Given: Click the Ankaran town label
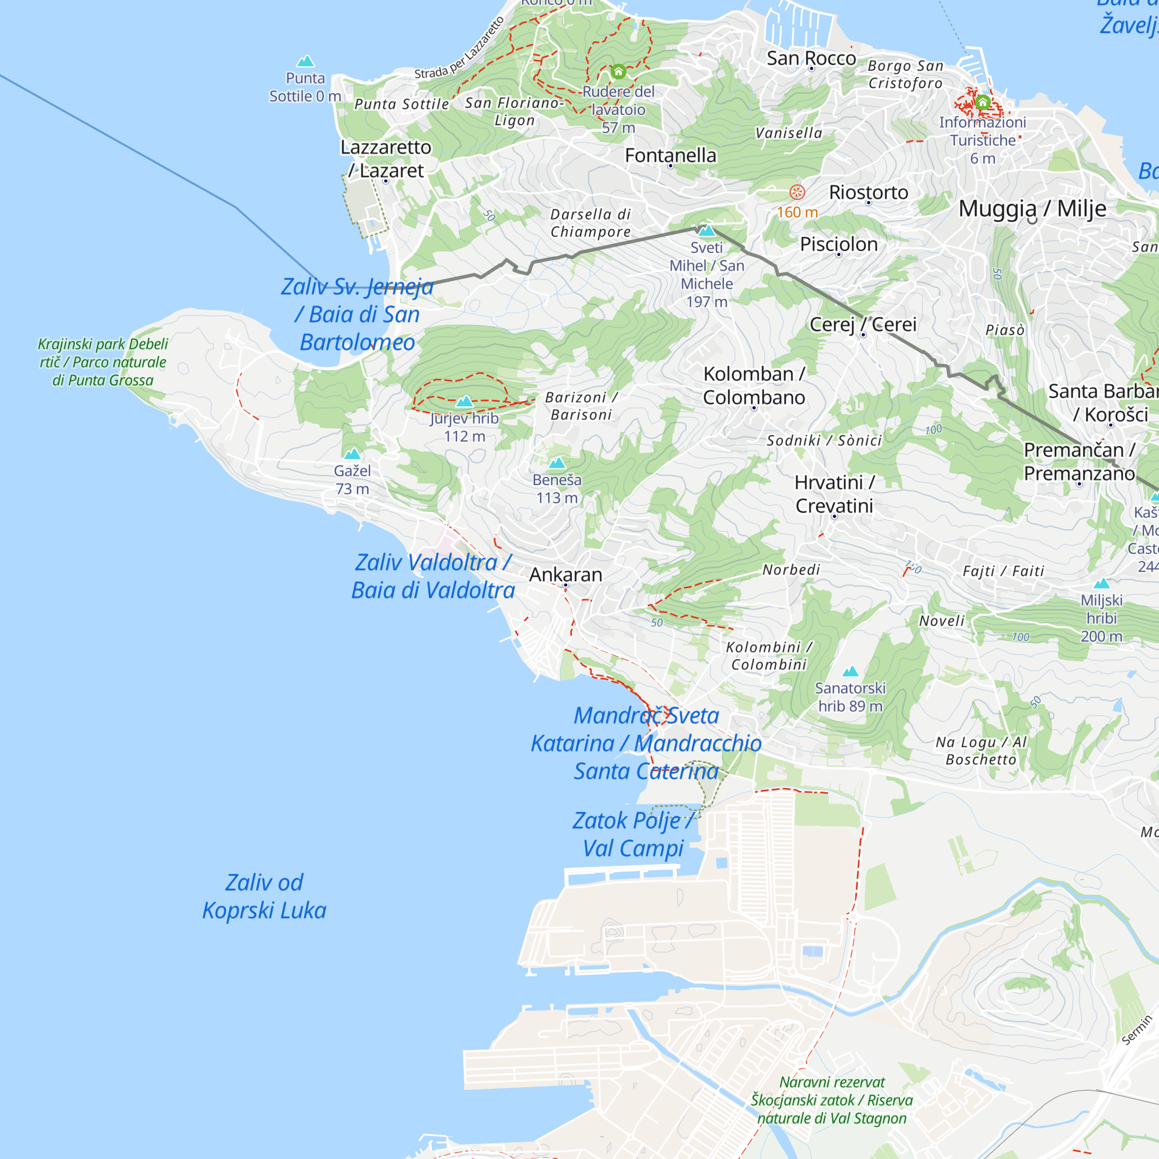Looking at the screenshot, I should point(565,575).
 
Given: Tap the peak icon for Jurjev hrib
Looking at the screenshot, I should point(464,402).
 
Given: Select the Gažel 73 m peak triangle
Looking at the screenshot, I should point(352,454).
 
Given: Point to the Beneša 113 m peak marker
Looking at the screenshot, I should point(557,462).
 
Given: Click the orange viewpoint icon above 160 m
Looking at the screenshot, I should point(797,192).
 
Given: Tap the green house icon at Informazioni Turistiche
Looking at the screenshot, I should point(983,102).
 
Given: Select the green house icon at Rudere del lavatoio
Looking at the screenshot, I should point(618,71).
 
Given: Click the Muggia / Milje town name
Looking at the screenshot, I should point(1032,208).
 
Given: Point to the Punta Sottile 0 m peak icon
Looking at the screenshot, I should point(305,61).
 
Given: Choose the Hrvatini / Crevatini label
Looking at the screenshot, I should point(834,494).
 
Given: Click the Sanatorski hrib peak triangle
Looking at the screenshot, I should point(850,671).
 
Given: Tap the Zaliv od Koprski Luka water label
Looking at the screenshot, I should point(264,896).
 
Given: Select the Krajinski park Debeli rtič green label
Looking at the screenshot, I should point(103,362).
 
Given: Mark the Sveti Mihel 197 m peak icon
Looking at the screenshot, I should point(706,231).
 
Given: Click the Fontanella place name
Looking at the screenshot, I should point(670,155).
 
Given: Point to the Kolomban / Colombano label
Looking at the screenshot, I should point(753,385).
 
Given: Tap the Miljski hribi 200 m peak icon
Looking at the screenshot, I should point(1102,583).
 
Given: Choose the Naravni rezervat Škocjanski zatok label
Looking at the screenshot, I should point(832,1100).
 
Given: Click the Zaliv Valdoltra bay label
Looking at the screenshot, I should point(432,576).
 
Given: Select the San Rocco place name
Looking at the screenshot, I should point(811,58).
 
